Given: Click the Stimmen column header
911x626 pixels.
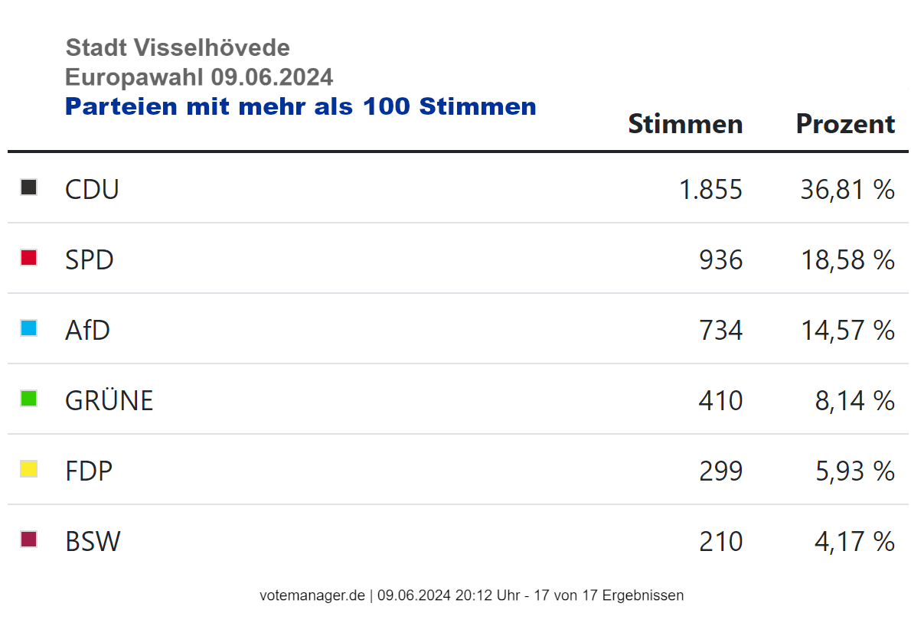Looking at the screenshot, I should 685,124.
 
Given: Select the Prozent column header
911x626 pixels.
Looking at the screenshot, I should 845,124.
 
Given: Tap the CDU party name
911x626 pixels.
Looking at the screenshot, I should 92,189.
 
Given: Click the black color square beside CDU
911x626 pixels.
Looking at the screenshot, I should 29,187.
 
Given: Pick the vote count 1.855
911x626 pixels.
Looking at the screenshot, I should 710,189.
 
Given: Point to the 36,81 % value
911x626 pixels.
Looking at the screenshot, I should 847,189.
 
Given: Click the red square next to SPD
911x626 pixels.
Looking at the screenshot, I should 29,258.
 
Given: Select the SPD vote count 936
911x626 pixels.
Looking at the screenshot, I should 720,260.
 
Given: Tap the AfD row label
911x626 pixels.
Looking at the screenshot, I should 87,331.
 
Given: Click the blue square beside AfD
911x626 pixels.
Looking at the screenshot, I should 29,328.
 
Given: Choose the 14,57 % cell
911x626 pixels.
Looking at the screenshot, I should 847,331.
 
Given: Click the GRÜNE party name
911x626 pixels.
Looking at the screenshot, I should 109,400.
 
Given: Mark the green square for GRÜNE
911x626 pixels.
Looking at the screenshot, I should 29,399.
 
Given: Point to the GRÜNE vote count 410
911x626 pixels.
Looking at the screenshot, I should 720,401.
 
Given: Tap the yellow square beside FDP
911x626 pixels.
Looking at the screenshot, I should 29,469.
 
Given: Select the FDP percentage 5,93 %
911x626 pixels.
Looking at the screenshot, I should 854,471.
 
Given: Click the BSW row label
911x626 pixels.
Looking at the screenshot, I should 93,542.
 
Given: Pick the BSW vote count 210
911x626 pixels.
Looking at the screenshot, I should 720,542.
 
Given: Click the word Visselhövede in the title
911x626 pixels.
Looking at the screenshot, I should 212,47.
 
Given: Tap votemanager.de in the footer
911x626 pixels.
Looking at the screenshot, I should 312,595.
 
